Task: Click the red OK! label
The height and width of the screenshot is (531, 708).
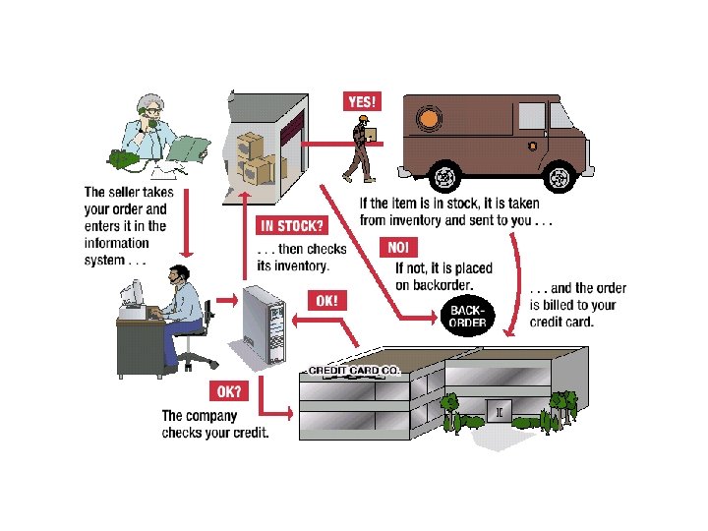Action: pos(326,300)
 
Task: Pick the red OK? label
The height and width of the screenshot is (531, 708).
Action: pos(229,391)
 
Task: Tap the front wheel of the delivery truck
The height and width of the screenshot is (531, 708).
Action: pos(560,178)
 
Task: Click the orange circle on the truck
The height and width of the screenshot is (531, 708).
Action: pos(431,121)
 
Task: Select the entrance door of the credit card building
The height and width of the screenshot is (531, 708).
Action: pos(501,414)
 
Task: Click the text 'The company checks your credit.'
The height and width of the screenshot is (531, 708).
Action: pos(214,424)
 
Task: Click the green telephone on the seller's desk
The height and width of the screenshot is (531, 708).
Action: pos(124,157)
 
